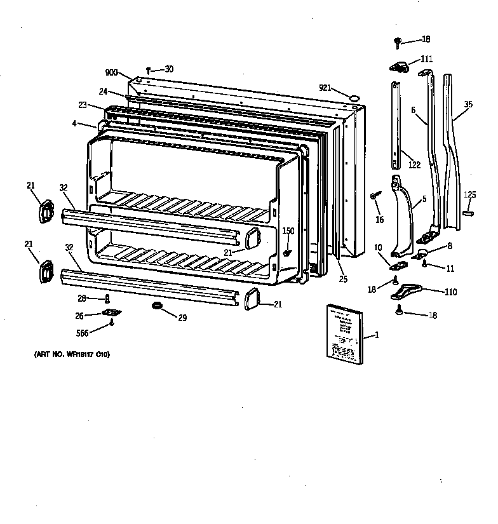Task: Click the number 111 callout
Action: [426, 59]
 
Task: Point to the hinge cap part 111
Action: [398, 65]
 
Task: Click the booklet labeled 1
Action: [345, 335]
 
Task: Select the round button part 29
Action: [155, 307]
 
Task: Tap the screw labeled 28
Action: [107, 298]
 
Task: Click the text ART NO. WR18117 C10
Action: [72, 354]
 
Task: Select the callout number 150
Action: [288, 231]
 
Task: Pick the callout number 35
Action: [468, 104]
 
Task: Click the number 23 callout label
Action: [83, 105]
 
